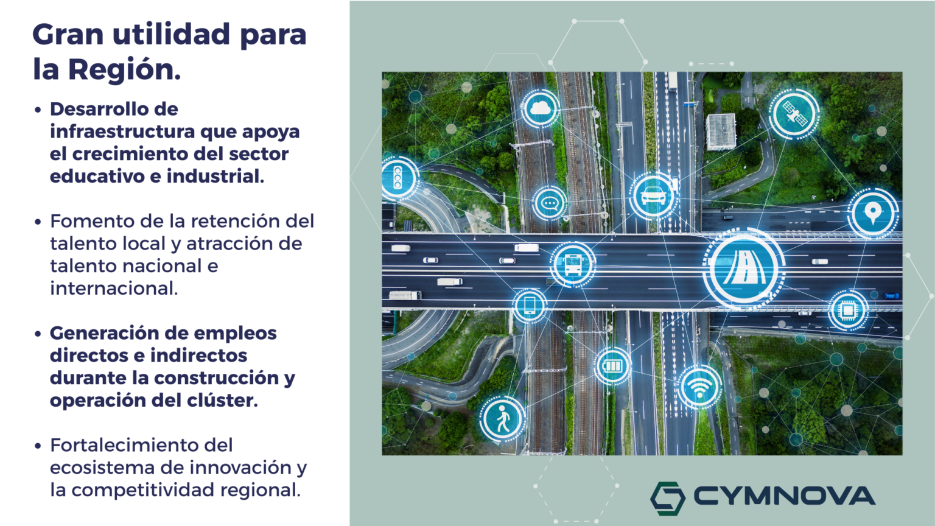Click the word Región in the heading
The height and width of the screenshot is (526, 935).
tap(124, 69)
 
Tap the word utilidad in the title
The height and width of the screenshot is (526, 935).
tap(171, 34)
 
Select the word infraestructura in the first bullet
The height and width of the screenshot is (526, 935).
tap(123, 131)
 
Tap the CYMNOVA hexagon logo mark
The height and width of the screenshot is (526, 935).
tap(668, 498)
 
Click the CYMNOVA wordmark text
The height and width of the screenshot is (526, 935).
tap(785, 496)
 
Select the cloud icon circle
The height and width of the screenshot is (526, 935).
tap(541, 108)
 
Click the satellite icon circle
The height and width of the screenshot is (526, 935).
tap(794, 114)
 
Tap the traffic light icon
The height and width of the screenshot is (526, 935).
tap(397, 178)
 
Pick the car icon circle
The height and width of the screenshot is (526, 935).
tap(653, 195)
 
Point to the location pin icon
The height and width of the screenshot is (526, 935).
tap(872, 213)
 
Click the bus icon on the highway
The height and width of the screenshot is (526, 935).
tap(573, 264)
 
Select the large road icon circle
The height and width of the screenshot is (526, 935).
tap(744, 268)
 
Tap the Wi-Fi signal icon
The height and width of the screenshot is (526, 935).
tap(699, 387)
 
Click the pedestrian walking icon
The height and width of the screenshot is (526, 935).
tap(503, 419)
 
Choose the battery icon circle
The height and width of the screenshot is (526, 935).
tap(612, 366)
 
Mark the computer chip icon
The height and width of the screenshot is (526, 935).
tap(848, 310)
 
